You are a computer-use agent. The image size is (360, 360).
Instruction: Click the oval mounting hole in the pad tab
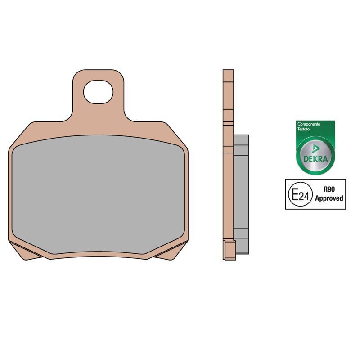pyautogui.click(x=98, y=92)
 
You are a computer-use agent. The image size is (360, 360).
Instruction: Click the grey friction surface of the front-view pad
pyautogui.click(x=98, y=194)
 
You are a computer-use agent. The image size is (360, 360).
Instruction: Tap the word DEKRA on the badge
pyautogui.click(x=315, y=159)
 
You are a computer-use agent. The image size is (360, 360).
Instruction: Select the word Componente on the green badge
pyautogui.click(x=309, y=124)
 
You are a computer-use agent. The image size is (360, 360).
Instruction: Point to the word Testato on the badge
pyautogui.click(x=303, y=129)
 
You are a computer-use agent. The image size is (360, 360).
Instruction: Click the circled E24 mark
pyautogui.click(x=300, y=194)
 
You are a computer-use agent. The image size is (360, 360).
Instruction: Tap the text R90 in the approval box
pyautogui.click(x=329, y=189)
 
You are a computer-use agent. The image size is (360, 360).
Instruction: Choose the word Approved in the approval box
pyautogui.click(x=329, y=198)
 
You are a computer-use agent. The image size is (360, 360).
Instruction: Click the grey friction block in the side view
pyautogui.click(x=241, y=194)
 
